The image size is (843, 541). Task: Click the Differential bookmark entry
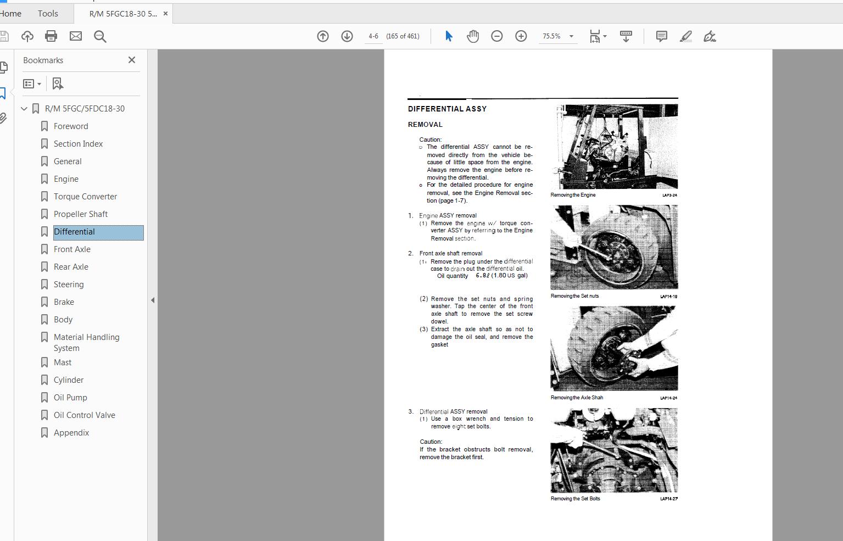coord(74,232)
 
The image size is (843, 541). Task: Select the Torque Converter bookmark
coord(85,197)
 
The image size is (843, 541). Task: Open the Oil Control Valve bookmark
coord(84,415)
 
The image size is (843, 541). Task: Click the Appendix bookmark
coord(71,433)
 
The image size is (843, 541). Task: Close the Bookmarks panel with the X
coord(132,60)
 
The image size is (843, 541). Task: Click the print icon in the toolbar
coord(51,36)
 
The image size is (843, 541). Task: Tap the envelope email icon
coord(76,36)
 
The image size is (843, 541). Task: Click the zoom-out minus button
coord(497,36)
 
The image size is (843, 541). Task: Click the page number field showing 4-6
coord(373,36)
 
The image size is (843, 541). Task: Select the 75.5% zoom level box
coord(552,36)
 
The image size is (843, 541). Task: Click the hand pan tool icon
coord(473,36)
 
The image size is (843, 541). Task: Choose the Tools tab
coord(48,13)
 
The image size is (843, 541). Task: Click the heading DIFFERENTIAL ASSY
coord(447,109)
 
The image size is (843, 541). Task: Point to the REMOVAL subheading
coord(425,125)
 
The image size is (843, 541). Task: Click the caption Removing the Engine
coord(573,195)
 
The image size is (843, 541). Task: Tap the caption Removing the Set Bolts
coord(575,499)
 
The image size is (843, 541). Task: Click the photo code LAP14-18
coord(668,297)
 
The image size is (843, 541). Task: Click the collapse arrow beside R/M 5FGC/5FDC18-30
coord(24,109)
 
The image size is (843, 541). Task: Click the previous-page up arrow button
coord(323,36)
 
